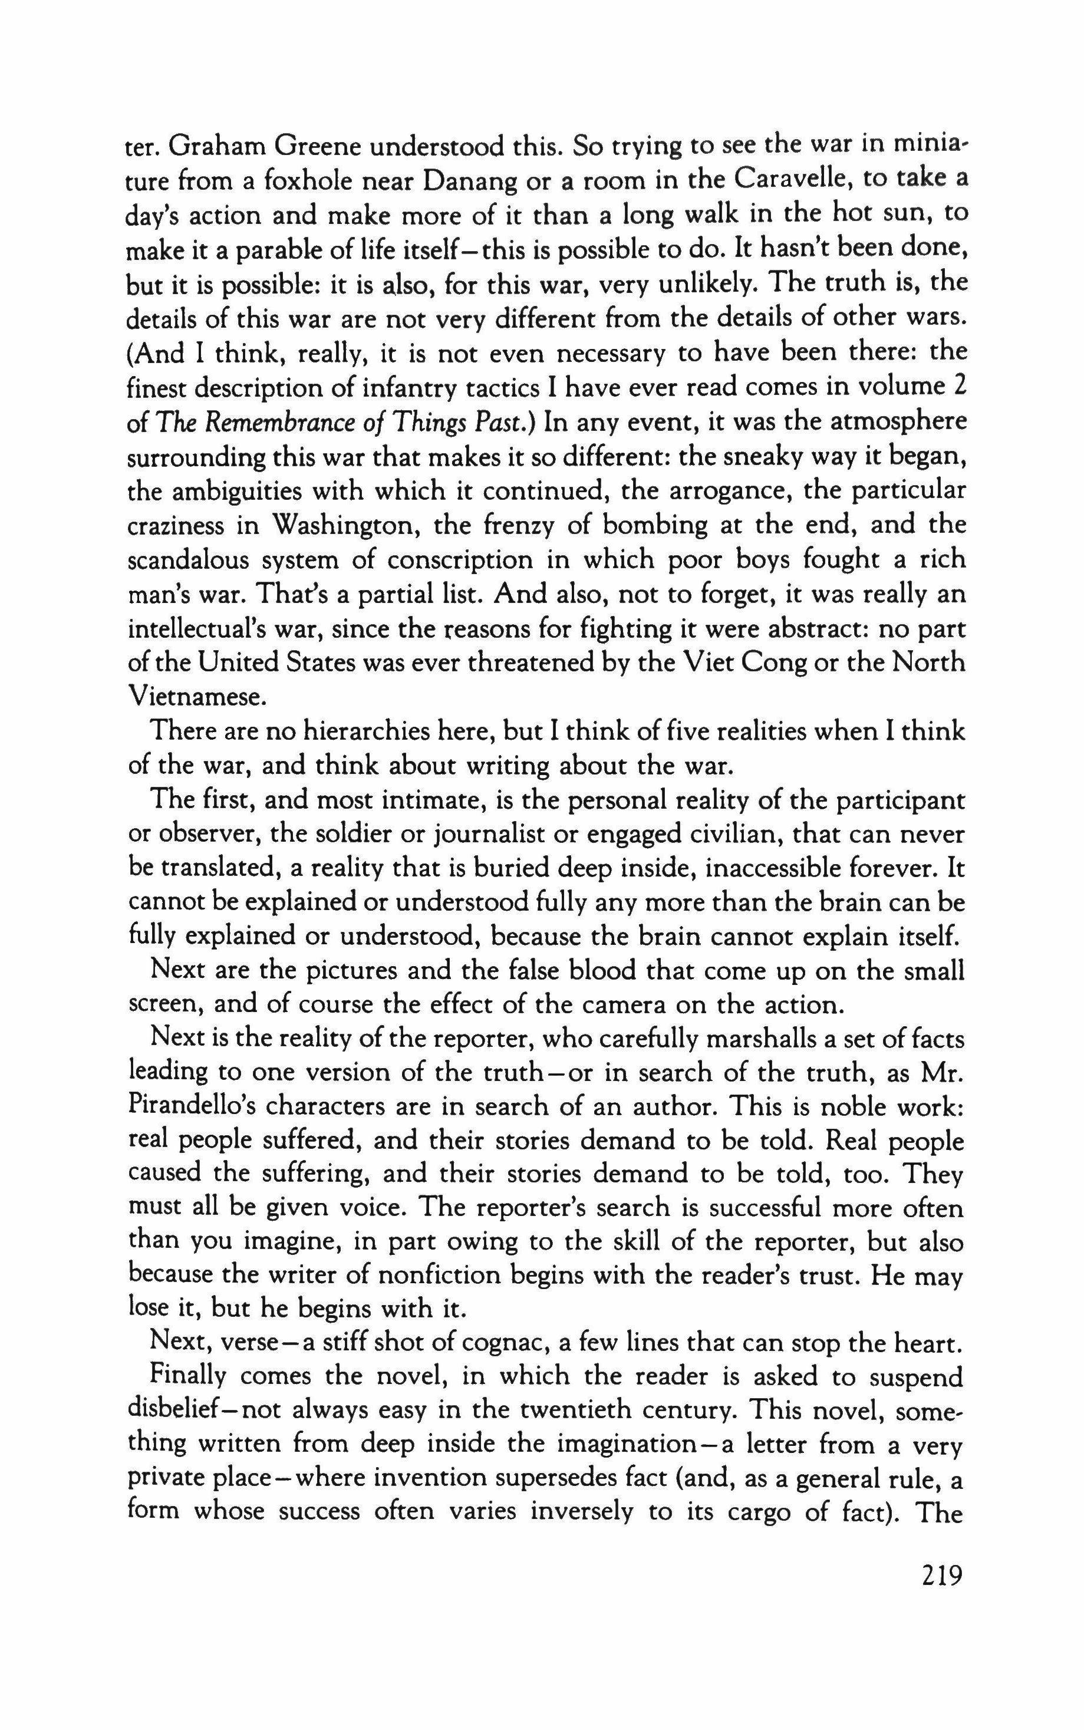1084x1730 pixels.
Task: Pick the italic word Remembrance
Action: pyautogui.click(x=262, y=421)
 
